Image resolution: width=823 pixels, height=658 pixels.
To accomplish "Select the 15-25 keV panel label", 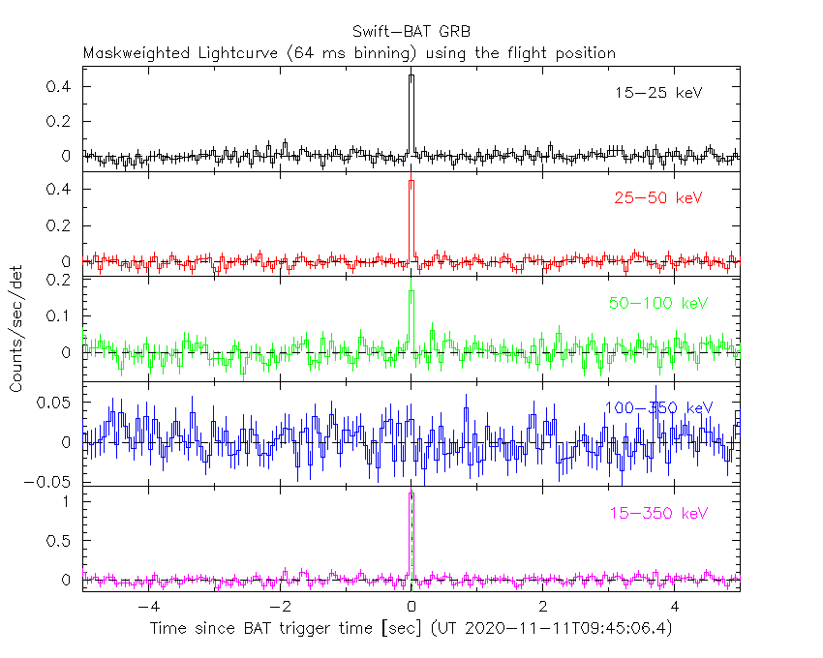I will [657, 93].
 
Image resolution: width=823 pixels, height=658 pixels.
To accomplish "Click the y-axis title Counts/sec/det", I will [16, 329].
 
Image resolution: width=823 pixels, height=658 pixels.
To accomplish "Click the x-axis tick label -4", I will [148, 607].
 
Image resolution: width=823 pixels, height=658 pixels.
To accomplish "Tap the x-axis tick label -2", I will [280, 607].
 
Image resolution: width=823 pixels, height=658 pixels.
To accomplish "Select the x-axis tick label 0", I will [411, 607].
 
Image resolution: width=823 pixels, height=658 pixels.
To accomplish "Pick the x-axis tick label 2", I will [543, 607].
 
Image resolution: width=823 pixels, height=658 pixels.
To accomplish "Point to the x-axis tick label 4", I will [675, 607].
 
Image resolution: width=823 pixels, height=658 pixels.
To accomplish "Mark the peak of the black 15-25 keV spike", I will [411, 75].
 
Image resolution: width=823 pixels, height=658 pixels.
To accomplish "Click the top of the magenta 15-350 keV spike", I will [411, 493].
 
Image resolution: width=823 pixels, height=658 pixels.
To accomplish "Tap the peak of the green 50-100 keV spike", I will [411, 291].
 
